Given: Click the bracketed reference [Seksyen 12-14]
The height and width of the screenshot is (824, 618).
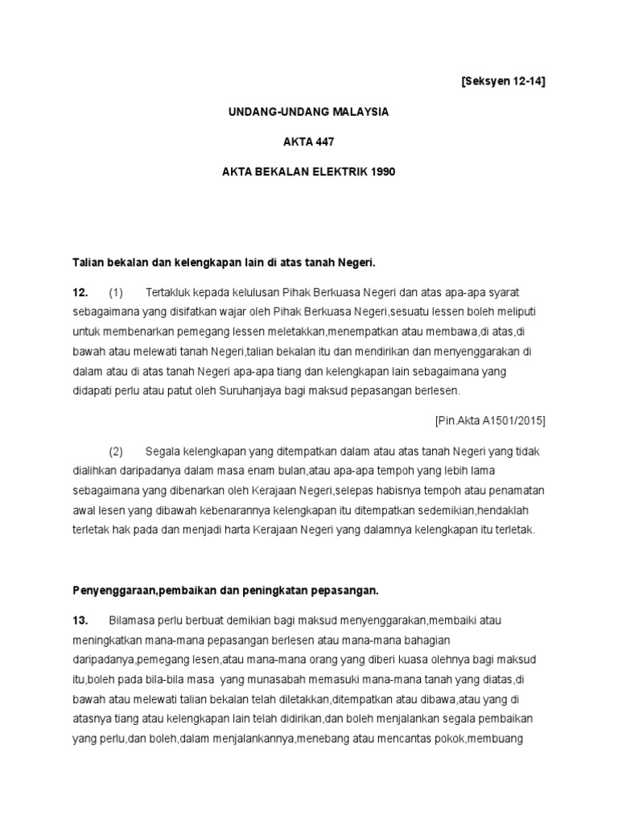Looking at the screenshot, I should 498,82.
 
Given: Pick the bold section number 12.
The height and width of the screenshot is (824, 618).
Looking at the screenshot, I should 80,291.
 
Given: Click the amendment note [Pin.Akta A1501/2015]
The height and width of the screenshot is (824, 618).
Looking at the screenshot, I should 490,420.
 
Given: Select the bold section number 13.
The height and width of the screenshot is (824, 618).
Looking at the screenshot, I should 80,620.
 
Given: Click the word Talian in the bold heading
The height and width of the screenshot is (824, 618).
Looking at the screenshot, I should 88,262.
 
